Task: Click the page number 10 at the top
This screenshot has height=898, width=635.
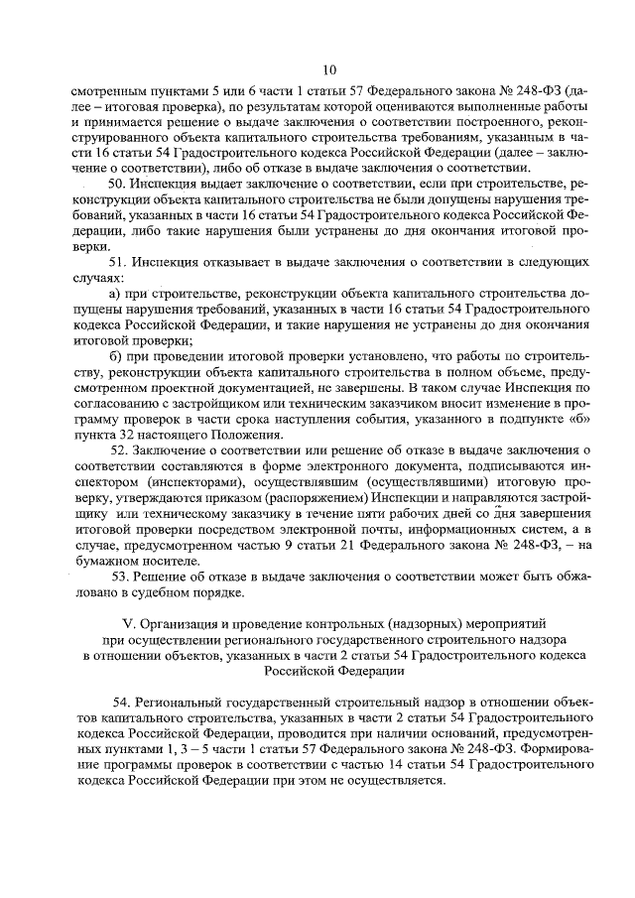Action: click(329, 68)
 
